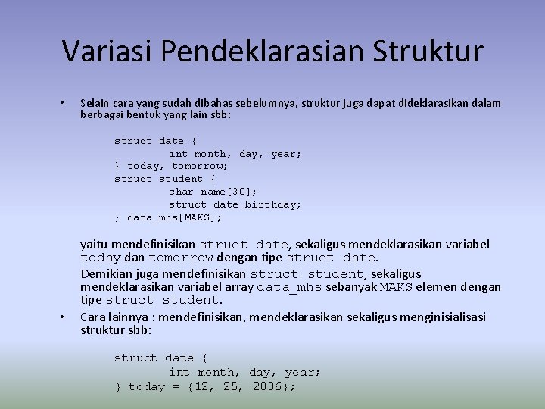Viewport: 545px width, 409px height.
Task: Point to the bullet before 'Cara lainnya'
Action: pyautogui.click(x=62, y=317)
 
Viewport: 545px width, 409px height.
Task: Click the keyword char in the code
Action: pyautogui.click(x=182, y=192)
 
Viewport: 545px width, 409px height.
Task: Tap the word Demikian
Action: pyautogui.click(x=106, y=273)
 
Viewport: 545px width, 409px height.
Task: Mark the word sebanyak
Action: pyautogui.click(x=345, y=288)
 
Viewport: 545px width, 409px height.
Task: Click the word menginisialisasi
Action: pyautogui.click(x=442, y=317)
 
